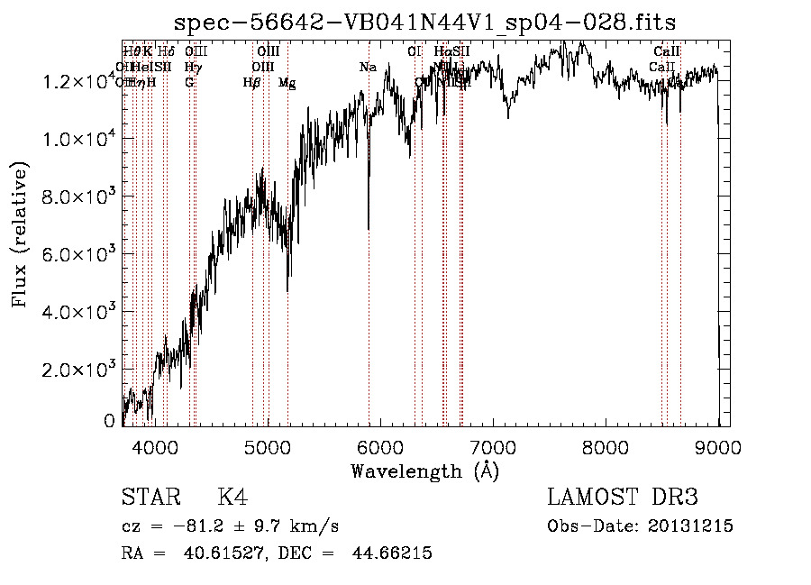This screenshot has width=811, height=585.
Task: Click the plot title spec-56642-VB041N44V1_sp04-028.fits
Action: (425, 22)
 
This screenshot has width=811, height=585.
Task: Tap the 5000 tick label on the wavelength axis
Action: (267, 448)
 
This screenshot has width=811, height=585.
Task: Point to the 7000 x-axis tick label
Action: (493, 448)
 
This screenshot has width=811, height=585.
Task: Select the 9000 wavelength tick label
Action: (718, 448)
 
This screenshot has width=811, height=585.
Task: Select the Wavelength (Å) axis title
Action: (424, 471)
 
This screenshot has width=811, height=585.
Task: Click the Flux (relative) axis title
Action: (20, 234)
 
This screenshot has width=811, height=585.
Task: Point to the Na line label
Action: (368, 68)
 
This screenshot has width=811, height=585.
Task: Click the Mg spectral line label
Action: (287, 83)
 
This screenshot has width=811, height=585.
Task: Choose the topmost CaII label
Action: (667, 52)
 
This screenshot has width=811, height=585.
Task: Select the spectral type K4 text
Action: (232, 498)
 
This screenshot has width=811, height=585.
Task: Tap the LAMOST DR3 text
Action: (623, 498)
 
